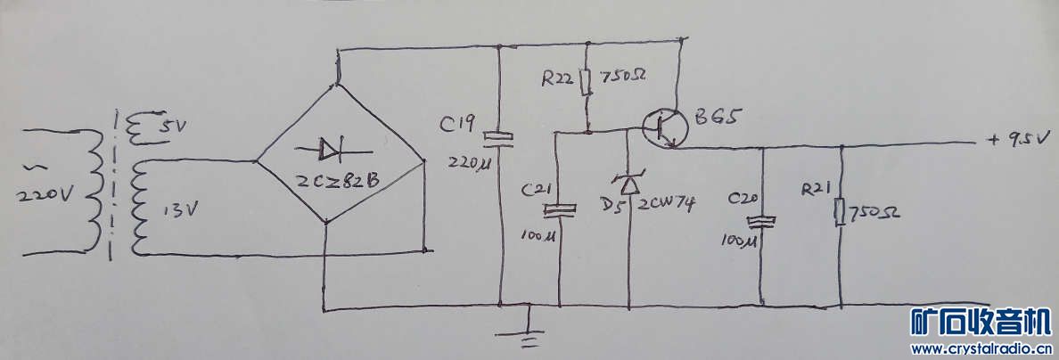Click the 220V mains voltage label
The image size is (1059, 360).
(x=45, y=197)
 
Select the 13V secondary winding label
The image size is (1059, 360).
(x=180, y=210)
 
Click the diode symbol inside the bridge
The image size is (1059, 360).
(x=332, y=150)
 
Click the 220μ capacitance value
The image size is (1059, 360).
(x=468, y=163)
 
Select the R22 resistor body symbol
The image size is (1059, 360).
(x=587, y=81)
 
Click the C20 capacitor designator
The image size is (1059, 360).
(x=745, y=200)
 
